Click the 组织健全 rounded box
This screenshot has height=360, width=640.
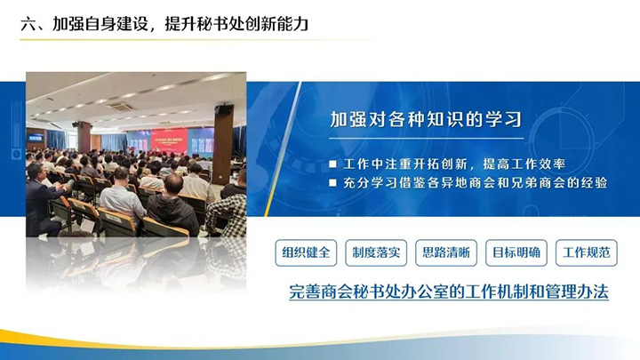click(306, 252)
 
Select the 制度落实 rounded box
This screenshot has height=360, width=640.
click(376, 252)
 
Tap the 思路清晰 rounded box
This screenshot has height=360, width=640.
click(446, 252)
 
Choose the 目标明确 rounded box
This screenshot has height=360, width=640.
click(516, 252)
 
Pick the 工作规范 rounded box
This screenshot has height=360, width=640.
click(587, 252)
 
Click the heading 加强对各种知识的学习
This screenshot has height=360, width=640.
click(426, 119)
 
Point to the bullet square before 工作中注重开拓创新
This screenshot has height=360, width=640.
click(333, 164)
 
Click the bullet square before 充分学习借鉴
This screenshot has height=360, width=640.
click(333, 183)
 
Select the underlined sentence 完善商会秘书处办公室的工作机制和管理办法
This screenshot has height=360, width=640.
click(449, 292)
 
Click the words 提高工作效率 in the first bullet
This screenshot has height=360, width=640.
click(524, 164)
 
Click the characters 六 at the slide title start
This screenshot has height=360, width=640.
click(28, 24)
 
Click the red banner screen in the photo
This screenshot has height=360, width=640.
click(169, 140)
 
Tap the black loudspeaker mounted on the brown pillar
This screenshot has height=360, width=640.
click(223, 109)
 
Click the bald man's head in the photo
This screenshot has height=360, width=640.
click(173, 183)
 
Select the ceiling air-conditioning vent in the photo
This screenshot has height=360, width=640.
click(121, 107)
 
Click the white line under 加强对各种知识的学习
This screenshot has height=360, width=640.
click(427, 139)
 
